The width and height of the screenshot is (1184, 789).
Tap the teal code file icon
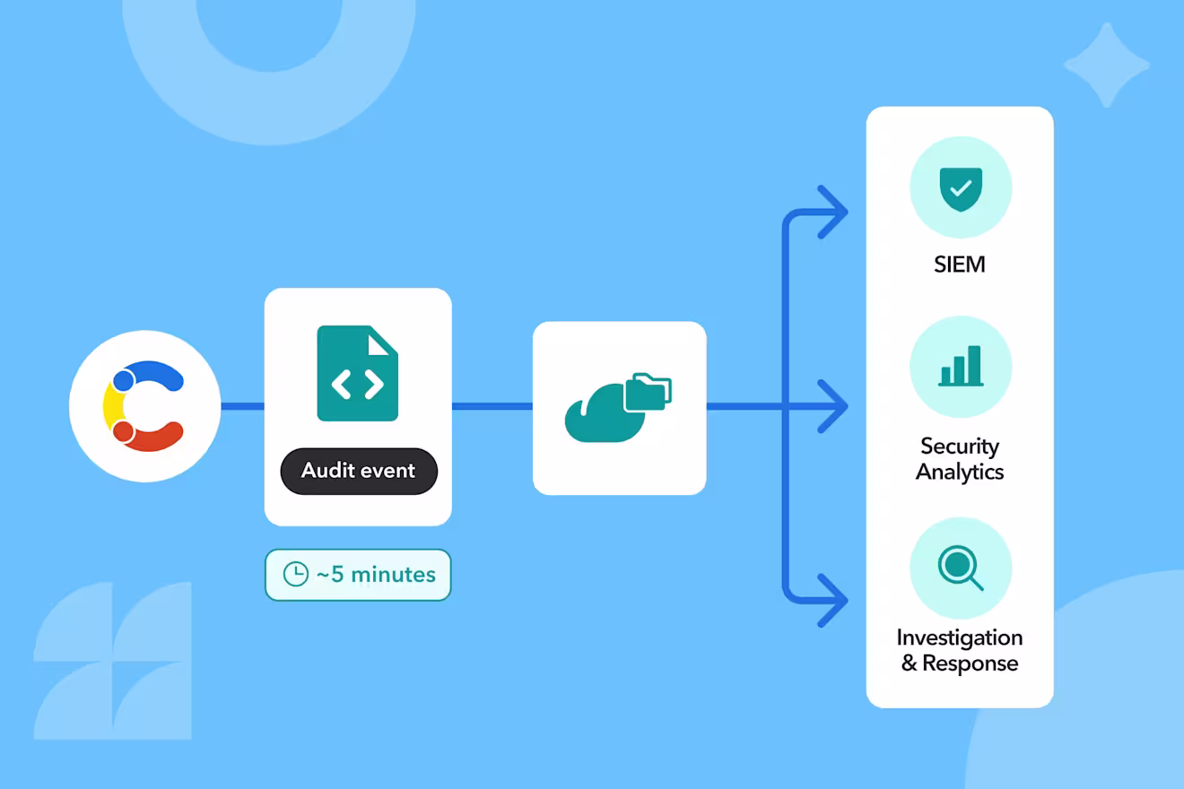tap(357, 373)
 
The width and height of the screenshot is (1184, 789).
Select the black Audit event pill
tap(359, 471)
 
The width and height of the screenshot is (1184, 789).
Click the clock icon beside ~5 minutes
tap(295, 574)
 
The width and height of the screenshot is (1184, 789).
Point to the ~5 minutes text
tap(376, 575)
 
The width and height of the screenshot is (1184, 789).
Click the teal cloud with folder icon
tap(618, 407)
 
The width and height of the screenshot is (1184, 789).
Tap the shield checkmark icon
tap(961, 188)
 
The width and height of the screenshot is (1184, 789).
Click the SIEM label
tap(960, 264)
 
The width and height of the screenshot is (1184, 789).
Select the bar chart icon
tap(961, 366)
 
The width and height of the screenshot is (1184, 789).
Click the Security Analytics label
tap(960, 459)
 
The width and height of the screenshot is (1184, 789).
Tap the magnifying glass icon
tap(961, 568)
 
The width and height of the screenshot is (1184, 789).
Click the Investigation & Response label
tap(960, 650)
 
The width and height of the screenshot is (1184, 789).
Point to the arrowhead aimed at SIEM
tap(833, 212)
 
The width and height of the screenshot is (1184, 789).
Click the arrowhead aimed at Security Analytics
tap(833, 406)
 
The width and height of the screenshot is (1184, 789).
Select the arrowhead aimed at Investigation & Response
tap(833, 601)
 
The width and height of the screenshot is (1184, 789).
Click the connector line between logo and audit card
tap(242, 406)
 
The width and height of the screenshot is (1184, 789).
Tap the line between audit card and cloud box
tap(492, 406)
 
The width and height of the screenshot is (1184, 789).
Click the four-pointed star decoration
tap(1106, 65)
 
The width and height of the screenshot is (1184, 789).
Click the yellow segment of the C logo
tap(113, 406)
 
